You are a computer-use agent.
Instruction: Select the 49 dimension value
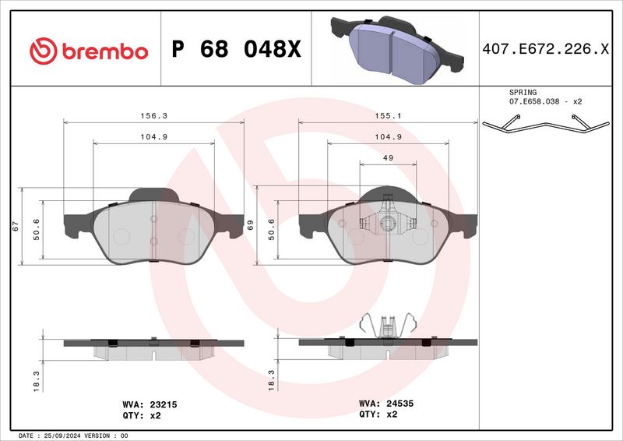point(388,157)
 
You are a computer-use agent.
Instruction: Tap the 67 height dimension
point(15,226)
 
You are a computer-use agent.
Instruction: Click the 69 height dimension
point(250,226)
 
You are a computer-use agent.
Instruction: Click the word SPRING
point(523,92)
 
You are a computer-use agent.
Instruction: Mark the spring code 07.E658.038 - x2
point(546,102)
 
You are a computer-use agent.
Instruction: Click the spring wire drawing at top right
point(545,125)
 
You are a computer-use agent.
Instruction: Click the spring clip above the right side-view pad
point(388,326)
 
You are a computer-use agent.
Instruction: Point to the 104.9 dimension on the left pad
point(153,136)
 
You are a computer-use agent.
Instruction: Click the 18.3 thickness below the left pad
point(36,379)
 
